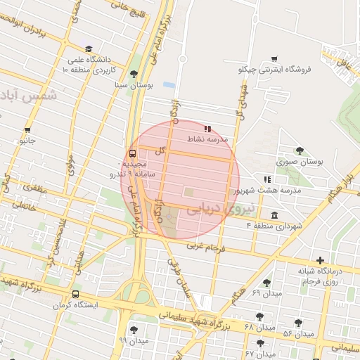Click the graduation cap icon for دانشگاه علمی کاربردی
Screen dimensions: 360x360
click(89, 49)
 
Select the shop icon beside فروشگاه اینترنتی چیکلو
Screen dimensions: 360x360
click(274, 59)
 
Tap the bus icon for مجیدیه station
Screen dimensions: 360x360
click(132, 154)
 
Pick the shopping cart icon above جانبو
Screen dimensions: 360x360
click(27, 130)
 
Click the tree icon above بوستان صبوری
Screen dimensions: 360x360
click(300, 150)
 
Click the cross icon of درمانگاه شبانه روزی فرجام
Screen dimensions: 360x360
click(321, 261)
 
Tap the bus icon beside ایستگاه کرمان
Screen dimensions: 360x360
click(75, 295)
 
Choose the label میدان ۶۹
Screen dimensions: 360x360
click(266, 292)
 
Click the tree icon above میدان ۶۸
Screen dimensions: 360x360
click(259, 316)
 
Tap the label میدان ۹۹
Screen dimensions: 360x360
click(134, 340)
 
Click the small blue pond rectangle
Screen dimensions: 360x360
click(169, 84)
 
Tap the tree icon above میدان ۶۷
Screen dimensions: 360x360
click(261, 343)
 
